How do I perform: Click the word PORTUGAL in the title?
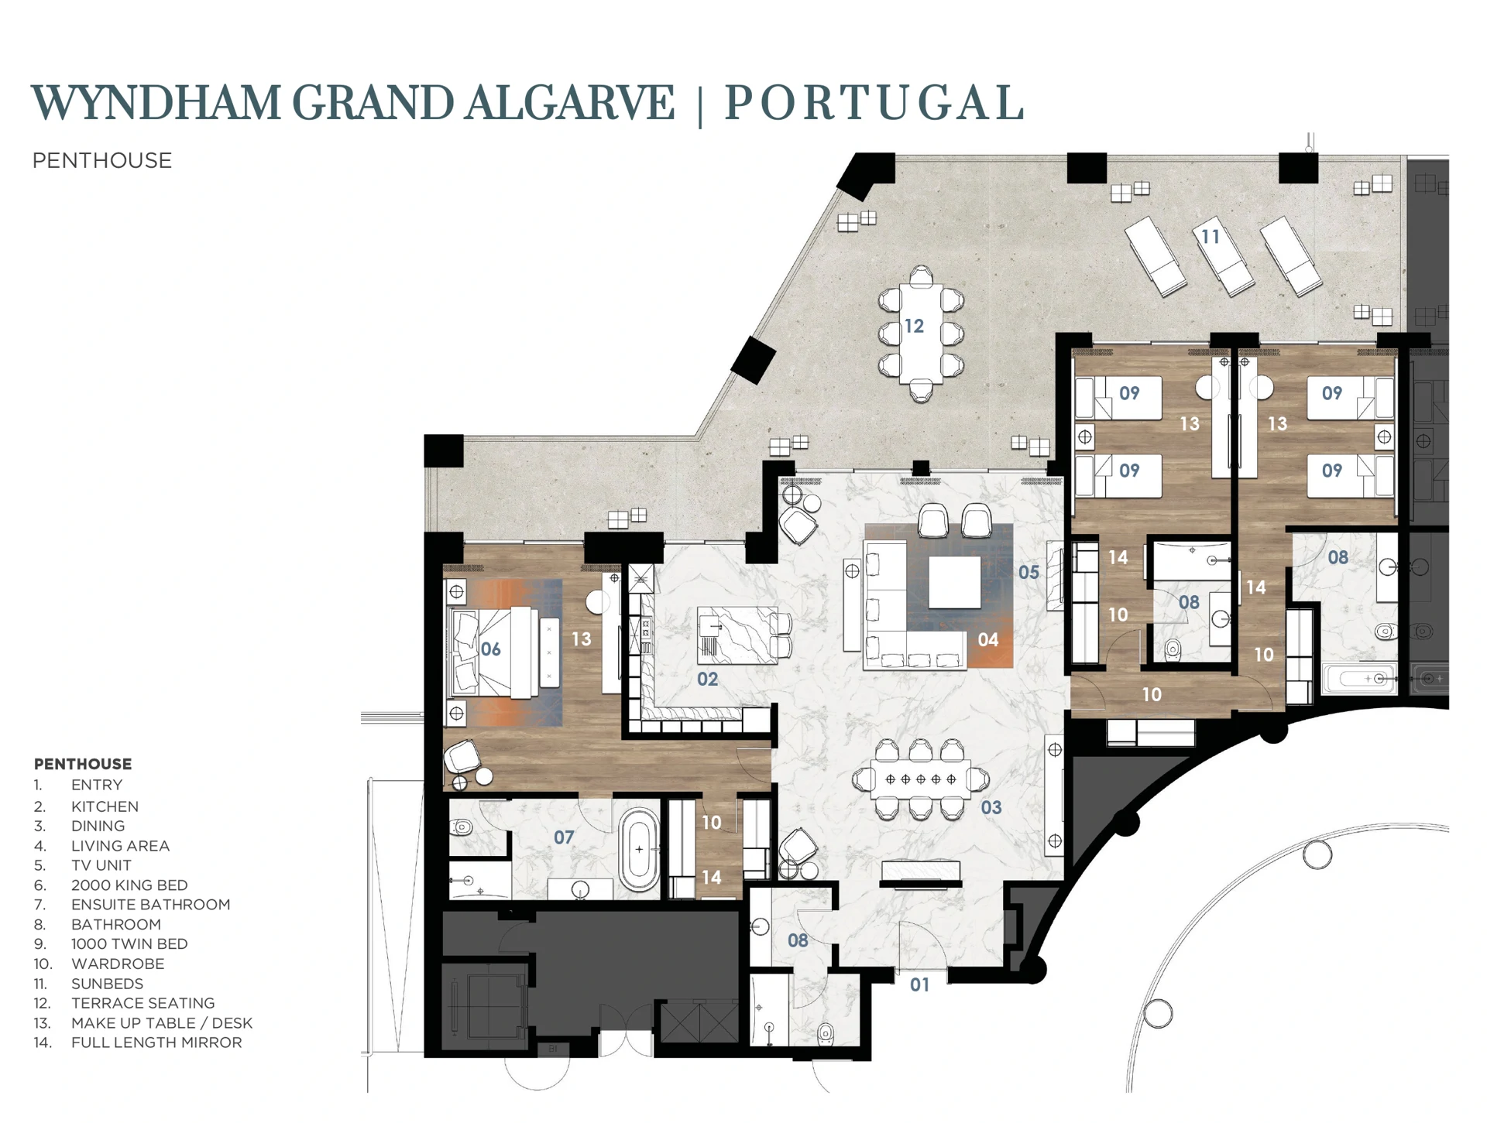tap(874, 103)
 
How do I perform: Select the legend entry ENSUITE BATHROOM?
tap(150, 904)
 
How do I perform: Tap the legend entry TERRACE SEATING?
tap(143, 1003)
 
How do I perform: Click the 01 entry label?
tap(919, 984)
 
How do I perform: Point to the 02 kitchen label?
tap(707, 679)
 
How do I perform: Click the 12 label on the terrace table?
tap(914, 326)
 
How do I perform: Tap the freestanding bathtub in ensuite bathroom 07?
tap(639, 850)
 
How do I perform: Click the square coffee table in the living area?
tap(954, 582)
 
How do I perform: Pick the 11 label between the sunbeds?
tap(1210, 236)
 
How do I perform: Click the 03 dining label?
tap(991, 807)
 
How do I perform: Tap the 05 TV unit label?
tap(1028, 572)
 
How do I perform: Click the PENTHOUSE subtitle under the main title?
tap(102, 160)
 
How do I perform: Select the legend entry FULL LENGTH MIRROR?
tap(156, 1043)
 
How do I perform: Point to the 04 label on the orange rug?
tap(987, 639)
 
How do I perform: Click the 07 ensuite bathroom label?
tap(564, 837)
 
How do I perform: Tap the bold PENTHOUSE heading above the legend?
tap(83, 764)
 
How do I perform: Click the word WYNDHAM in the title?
tap(155, 103)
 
